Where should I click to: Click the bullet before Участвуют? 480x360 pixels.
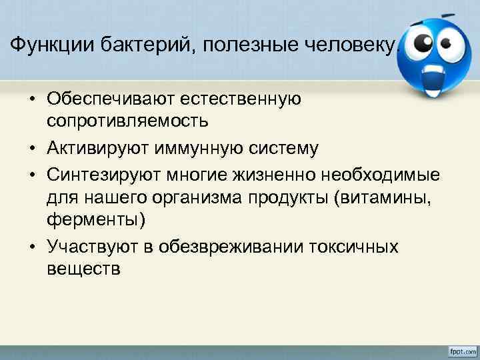[x=31, y=246]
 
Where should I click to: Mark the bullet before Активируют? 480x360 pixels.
[x=31, y=147]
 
